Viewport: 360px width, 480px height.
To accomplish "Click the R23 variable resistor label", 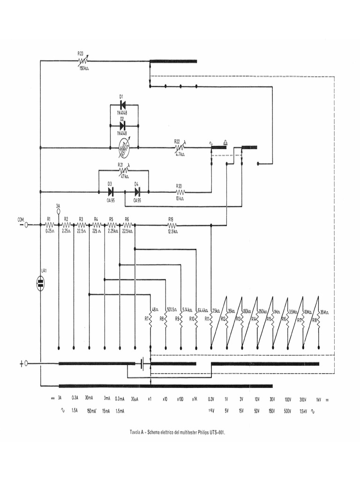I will (80, 53).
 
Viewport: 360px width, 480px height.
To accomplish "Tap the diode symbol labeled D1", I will (123, 105).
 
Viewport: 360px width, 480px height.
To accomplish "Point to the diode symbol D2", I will (123, 126).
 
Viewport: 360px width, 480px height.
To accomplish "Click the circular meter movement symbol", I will (124, 148).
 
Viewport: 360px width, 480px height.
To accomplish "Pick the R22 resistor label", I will (177, 141).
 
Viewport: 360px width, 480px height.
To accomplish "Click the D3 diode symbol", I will (111, 192).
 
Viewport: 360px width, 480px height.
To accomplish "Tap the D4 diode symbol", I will (137, 192).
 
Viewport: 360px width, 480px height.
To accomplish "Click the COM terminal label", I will (21, 219).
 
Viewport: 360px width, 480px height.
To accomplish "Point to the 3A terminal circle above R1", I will (58, 212).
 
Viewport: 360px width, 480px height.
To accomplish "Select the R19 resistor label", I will (171, 219).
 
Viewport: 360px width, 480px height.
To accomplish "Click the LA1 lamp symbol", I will (41, 283).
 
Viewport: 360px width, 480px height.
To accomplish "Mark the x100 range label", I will (180, 399).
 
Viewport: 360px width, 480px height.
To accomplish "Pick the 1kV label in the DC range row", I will (319, 399).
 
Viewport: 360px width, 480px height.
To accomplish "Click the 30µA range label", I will (135, 399).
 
